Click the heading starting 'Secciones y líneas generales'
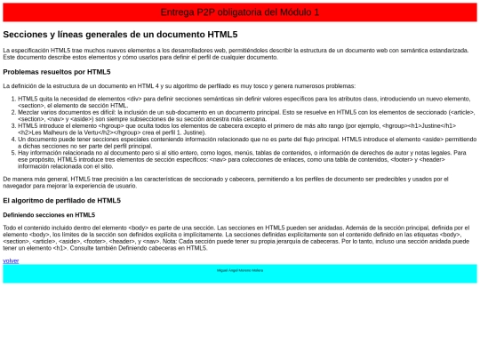coord(120,34)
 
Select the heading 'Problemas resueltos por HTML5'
coord(57,71)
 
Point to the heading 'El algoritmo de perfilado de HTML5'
coord(61,200)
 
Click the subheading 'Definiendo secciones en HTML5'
coord(49,214)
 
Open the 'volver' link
coord(11,260)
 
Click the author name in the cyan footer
coord(240,270)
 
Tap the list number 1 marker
coord(12,99)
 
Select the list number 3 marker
coord(12,126)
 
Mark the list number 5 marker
coord(12,153)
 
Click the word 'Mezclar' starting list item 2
coord(29,112)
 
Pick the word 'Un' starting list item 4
coord(21,140)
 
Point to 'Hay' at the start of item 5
coord(23,153)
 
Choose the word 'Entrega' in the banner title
coord(175,12)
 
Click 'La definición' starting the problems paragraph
coord(22,85)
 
